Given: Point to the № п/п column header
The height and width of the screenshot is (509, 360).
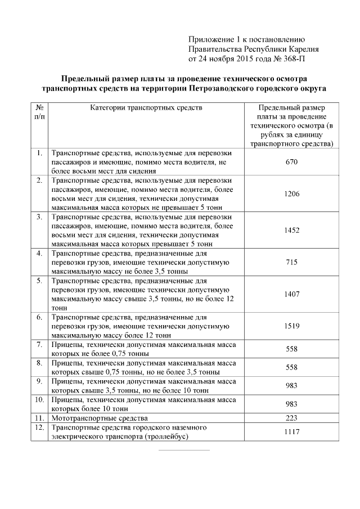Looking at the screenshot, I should [x=39, y=111].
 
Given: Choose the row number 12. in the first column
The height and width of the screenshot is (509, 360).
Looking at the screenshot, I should [x=39, y=427].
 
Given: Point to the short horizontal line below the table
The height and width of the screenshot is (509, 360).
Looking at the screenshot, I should [x=183, y=450].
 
